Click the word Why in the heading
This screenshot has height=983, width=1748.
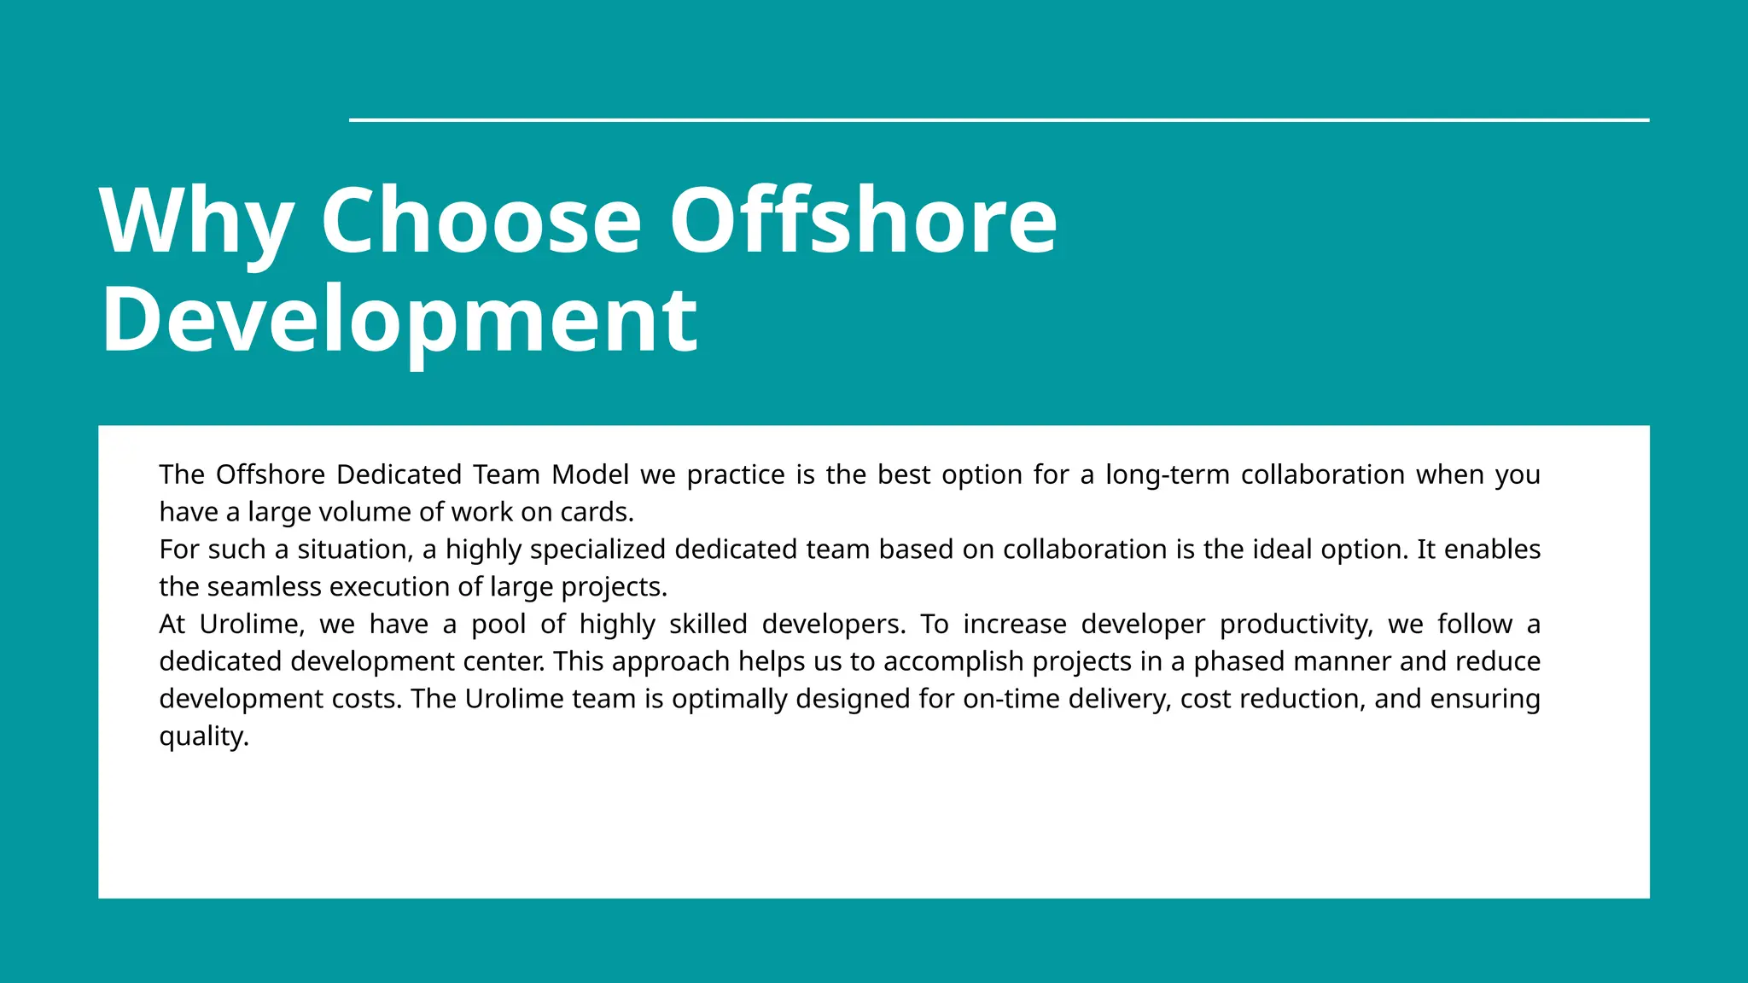(197, 222)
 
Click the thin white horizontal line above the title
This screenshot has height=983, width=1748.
(999, 120)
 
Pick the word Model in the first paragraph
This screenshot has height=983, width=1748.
(590, 474)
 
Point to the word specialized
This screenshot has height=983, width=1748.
(597, 550)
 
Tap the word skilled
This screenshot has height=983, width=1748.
(708, 625)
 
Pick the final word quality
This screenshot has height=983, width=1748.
(203, 736)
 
